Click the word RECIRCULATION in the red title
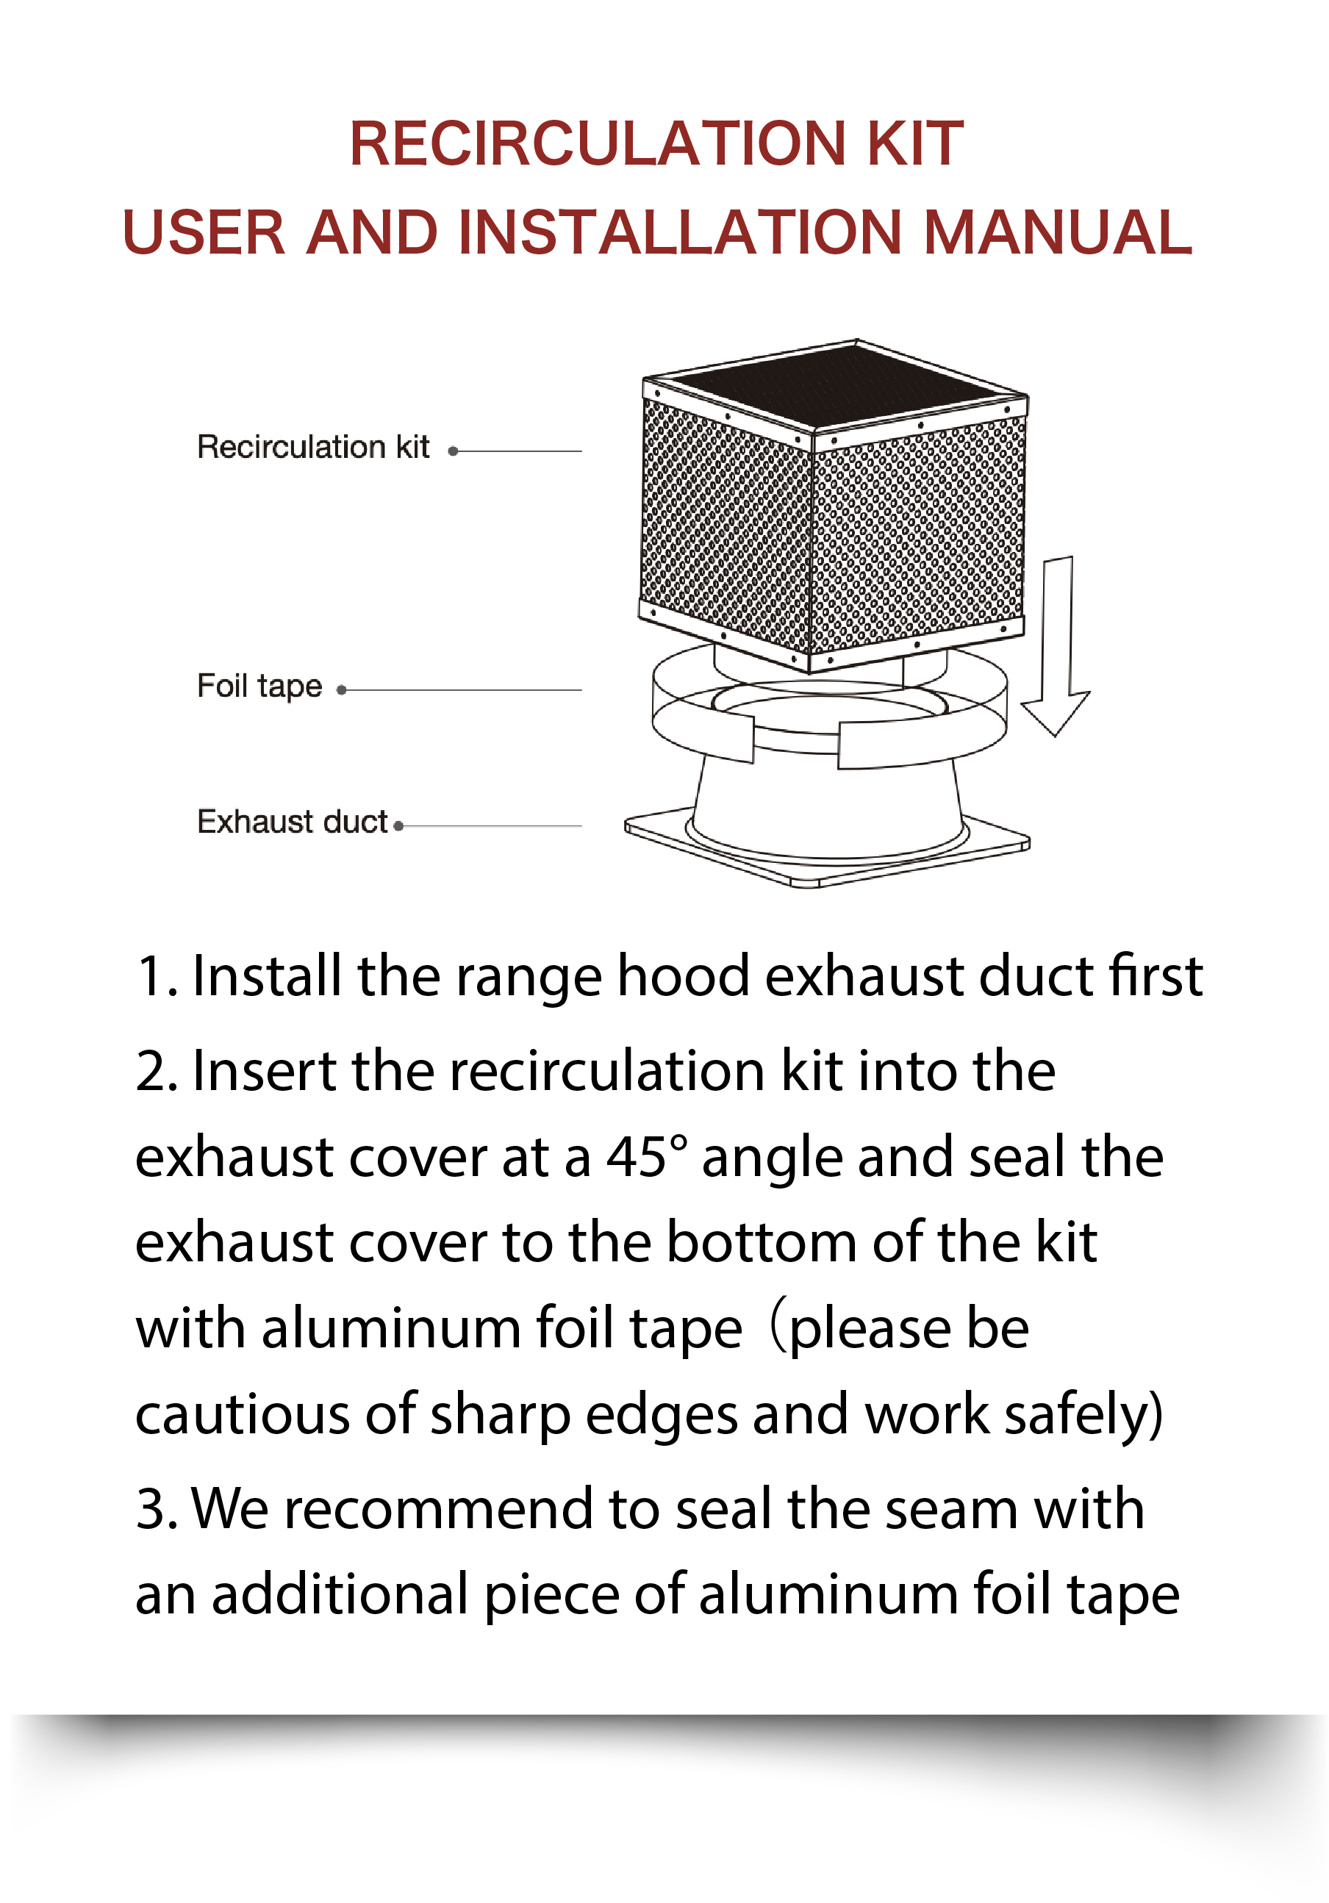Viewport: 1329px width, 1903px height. (598, 143)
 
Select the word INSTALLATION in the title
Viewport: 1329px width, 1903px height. (679, 232)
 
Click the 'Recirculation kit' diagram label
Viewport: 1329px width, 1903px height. (312, 448)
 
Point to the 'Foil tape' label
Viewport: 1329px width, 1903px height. (259, 687)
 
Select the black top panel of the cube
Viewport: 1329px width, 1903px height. (837, 384)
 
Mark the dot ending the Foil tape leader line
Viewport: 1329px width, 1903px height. (342, 689)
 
